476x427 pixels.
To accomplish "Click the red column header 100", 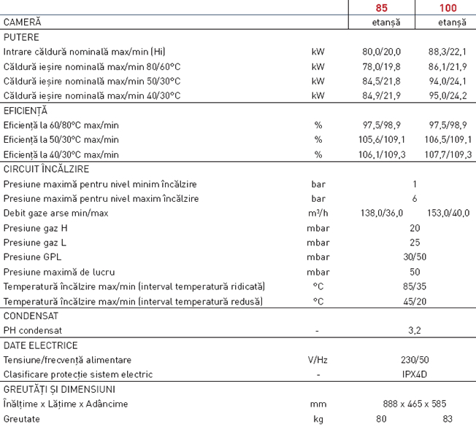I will point(449,8).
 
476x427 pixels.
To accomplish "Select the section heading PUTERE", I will point(22,37).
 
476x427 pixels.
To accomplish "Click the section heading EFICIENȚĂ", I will point(26,111).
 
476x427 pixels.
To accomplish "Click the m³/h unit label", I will point(318,213).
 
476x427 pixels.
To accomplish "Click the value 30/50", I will point(415,257).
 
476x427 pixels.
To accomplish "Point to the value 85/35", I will point(415,286).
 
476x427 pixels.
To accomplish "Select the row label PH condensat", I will point(33,331).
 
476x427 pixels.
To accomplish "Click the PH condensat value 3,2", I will point(415,331).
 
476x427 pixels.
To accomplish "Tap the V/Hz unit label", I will point(318,361).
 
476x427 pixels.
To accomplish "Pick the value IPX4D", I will point(415,375).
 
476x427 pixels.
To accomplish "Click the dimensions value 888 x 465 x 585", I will point(415,404).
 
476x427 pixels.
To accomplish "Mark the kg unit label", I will point(318,420).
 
